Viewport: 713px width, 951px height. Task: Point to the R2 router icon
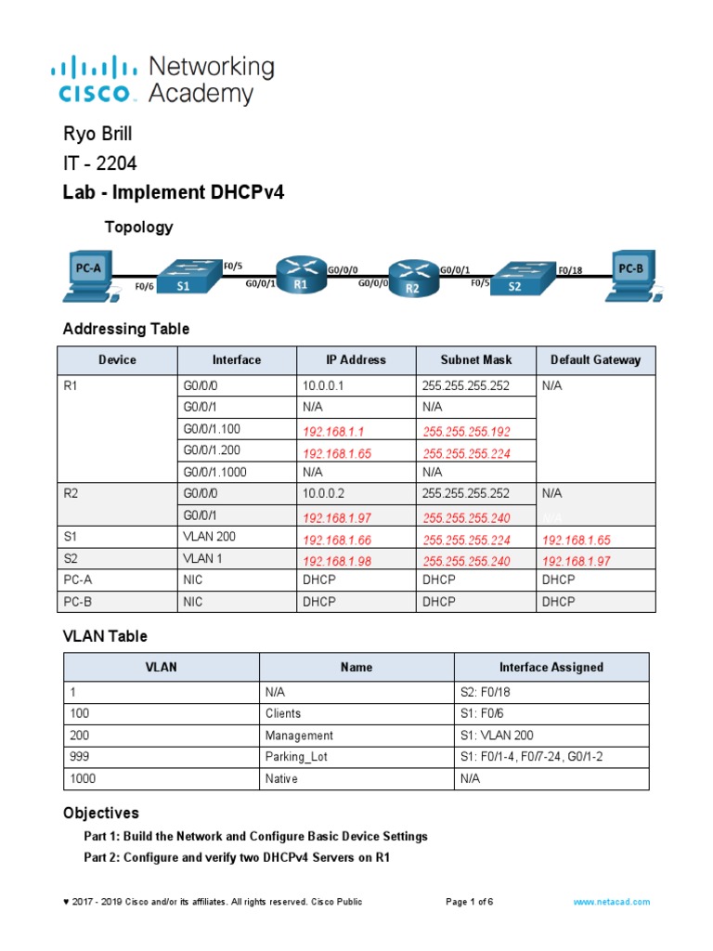pos(412,278)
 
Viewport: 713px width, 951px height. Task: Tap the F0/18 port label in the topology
pos(570,270)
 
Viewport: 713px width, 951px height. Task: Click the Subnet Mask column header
pos(475,359)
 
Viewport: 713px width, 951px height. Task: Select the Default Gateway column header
pos(595,359)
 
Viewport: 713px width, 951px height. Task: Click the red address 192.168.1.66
pos(331,540)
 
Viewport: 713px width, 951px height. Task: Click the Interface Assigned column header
pos(551,667)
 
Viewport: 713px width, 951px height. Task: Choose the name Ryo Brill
pos(97,135)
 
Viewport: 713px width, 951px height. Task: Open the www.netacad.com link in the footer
pos(611,902)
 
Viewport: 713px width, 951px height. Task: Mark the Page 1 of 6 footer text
pos(469,902)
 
